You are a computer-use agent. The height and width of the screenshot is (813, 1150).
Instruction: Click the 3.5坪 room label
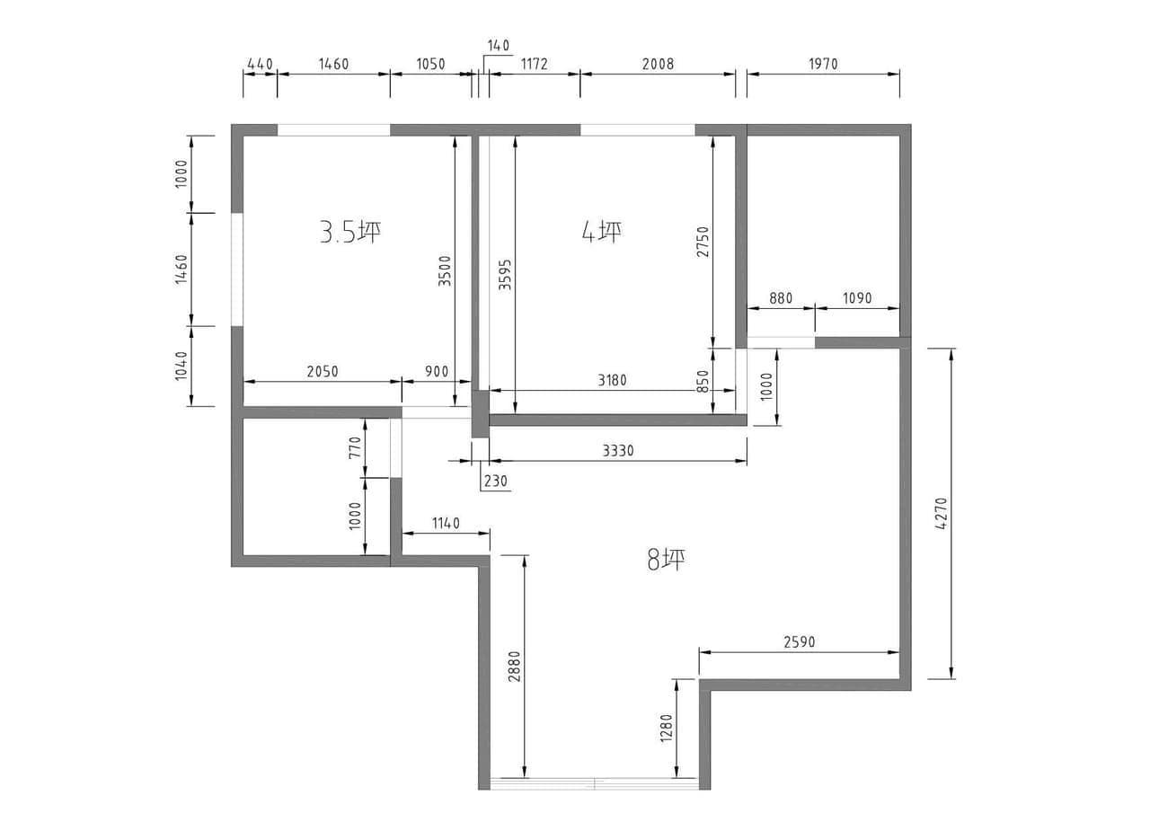[350, 232]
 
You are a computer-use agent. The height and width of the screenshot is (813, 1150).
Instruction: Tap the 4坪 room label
[602, 232]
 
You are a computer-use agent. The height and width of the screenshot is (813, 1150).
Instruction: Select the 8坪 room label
[666, 560]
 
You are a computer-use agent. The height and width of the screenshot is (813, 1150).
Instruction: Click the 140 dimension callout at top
[498, 46]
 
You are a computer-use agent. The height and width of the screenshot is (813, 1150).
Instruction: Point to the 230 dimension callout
[495, 481]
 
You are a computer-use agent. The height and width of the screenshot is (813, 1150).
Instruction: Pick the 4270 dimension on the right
[942, 514]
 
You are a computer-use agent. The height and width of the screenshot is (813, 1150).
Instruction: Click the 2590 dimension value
[800, 641]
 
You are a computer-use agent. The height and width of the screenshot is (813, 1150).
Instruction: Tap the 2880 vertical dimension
[515, 667]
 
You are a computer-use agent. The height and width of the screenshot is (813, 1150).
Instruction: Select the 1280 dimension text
[667, 728]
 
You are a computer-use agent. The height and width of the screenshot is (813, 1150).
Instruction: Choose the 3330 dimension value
[618, 451]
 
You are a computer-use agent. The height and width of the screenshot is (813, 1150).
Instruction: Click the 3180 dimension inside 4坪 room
[612, 380]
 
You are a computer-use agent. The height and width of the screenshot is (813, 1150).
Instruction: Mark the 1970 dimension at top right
[824, 64]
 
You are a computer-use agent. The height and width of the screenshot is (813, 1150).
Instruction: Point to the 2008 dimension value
[658, 64]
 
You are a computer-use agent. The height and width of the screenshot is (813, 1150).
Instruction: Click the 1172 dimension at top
[534, 64]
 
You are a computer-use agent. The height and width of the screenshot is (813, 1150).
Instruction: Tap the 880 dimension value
[781, 298]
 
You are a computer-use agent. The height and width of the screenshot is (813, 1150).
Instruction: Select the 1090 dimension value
[857, 298]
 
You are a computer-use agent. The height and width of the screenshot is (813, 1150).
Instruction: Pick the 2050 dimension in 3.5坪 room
[323, 371]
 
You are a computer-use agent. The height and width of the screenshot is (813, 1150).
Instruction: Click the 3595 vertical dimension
[506, 275]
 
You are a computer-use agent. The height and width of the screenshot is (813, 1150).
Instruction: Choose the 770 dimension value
[356, 447]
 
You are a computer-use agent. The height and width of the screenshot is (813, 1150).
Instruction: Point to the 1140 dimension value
[446, 523]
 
